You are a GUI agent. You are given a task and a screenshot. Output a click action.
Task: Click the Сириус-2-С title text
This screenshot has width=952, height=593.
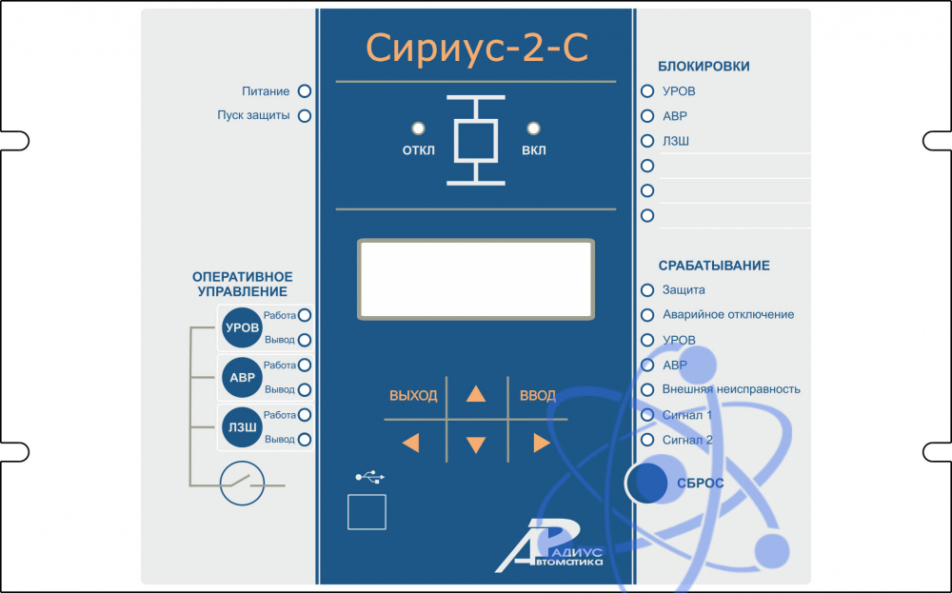pyautogui.click(x=476, y=48)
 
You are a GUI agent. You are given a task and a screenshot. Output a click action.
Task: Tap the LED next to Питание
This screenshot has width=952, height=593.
pyautogui.click(x=306, y=91)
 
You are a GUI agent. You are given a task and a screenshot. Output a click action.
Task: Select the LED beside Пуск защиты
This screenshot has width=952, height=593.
pyautogui.click(x=306, y=116)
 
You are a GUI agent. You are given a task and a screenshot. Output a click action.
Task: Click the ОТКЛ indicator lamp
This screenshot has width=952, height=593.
pyautogui.click(x=418, y=128)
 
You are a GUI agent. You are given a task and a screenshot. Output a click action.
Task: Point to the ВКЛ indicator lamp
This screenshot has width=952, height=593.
pyautogui.click(x=533, y=128)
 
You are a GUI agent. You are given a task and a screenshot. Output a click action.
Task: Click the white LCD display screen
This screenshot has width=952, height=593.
pyautogui.click(x=476, y=279)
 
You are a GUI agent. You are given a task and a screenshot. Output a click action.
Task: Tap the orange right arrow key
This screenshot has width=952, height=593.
pyautogui.click(x=542, y=443)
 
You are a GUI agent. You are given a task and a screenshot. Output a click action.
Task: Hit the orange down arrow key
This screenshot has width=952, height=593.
pyautogui.click(x=476, y=444)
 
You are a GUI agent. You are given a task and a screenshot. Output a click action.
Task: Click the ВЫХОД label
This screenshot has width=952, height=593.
pyautogui.click(x=413, y=396)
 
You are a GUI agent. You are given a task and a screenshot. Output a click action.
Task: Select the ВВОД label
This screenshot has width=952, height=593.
pyautogui.click(x=538, y=396)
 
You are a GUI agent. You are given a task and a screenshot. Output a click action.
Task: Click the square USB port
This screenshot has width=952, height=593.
pyautogui.click(x=367, y=512)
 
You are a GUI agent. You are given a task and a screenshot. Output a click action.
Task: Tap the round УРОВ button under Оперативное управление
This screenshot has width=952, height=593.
pyautogui.click(x=241, y=327)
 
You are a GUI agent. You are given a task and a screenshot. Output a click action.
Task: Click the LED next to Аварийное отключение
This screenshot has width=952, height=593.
pyautogui.click(x=647, y=315)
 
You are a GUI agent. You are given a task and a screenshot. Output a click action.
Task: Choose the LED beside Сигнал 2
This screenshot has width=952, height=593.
pyautogui.click(x=647, y=440)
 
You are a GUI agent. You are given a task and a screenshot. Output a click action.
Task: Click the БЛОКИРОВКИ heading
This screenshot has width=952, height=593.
pyautogui.click(x=704, y=67)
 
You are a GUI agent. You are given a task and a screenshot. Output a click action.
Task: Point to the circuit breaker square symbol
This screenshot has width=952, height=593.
pyautogui.click(x=476, y=140)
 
